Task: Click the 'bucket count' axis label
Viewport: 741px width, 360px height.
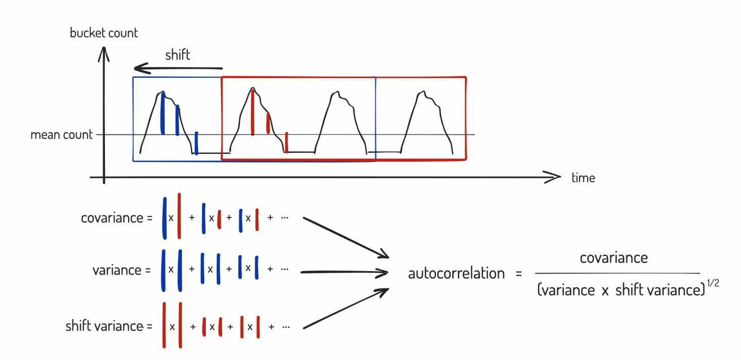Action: click(x=104, y=33)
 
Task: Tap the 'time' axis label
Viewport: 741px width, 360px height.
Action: click(x=583, y=178)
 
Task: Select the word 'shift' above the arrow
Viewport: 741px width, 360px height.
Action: click(x=178, y=55)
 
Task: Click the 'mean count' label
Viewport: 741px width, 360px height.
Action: click(x=62, y=135)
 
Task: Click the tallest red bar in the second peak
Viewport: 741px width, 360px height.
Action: click(x=253, y=112)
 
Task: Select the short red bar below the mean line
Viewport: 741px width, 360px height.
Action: click(x=287, y=142)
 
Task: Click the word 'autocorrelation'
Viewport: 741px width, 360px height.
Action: click(x=456, y=274)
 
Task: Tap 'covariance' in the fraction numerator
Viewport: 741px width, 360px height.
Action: click(x=613, y=258)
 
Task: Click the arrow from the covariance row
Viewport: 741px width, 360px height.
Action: click(x=345, y=237)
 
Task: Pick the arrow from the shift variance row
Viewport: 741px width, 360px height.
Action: click(x=345, y=309)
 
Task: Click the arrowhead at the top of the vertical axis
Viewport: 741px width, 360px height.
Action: click(x=104, y=51)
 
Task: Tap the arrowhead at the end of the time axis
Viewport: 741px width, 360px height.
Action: click(x=555, y=177)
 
